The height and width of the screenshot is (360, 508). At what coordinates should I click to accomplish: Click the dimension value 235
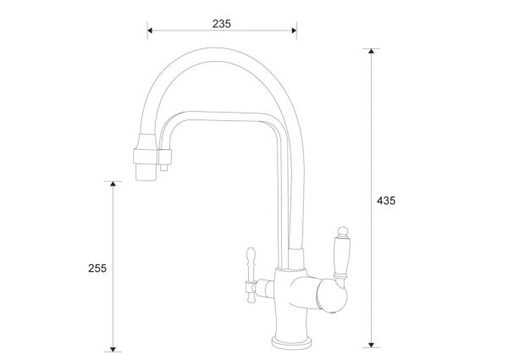(x=222, y=24)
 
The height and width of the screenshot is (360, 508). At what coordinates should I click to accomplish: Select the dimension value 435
(x=386, y=201)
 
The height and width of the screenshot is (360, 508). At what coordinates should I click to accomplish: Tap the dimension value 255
(x=97, y=269)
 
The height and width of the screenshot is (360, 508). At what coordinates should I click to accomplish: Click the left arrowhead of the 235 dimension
(x=150, y=30)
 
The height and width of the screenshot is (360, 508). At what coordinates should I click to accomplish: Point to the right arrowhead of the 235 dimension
(x=294, y=30)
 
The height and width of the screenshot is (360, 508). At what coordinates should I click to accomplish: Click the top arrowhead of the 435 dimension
(x=372, y=51)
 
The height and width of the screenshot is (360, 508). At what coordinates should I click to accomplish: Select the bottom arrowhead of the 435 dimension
(x=372, y=345)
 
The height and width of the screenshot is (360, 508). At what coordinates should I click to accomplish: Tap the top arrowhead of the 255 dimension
(x=113, y=184)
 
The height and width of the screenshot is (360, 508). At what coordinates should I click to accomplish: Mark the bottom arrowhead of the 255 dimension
(x=113, y=349)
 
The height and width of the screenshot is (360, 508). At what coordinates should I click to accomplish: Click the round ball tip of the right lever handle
(x=343, y=231)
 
